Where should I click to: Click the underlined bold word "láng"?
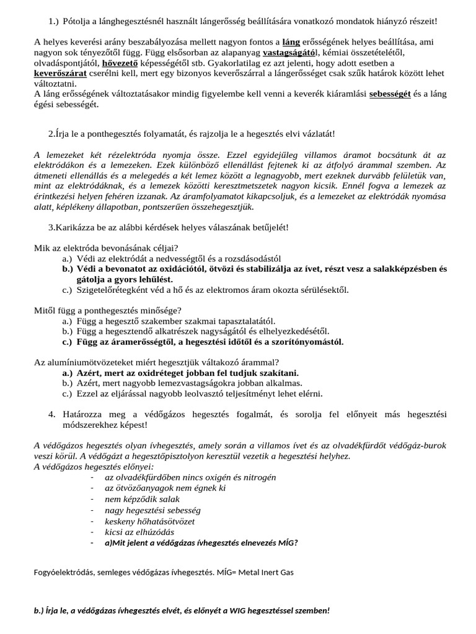coord(291,43)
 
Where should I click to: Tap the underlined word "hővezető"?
coord(121,63)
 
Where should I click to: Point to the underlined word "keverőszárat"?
coord(61,73)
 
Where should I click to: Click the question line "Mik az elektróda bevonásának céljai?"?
coord(106,248)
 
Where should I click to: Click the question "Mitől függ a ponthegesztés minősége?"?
coord(108,311)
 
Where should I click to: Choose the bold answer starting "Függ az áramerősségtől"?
coord(210,342)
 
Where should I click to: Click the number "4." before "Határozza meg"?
coord(52,414)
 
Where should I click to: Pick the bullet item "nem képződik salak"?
coord(142,498)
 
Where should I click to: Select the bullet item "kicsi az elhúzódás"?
coord(139,532)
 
